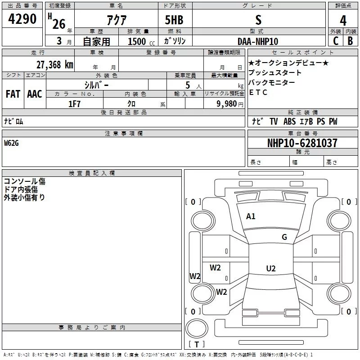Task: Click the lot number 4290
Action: click(x=22, y=20)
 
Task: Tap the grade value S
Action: click(x=258, y=20)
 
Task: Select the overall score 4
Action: click(x=343, y=21)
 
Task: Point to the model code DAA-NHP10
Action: click(x=258, y=41)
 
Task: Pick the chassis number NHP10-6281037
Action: click(x=302, y=143)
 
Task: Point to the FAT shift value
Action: click(x=13, y=94)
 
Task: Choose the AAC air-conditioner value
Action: click(x=35, y=94)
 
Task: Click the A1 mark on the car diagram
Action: click(x=251, y=216)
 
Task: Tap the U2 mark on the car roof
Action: click(x=270, y=269)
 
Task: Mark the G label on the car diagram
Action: click(x=284, y=237)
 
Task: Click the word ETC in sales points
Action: click(x=258, y=93)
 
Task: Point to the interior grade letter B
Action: click(x=350, y=41)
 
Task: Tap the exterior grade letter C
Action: click(x=335, y=41)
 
